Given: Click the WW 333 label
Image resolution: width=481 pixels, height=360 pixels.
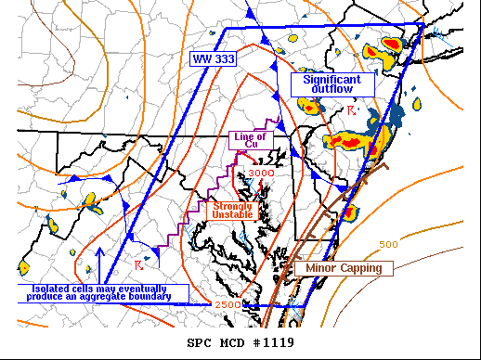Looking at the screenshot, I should (212, 59).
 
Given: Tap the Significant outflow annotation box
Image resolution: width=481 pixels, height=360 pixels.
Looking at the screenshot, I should (332, 84).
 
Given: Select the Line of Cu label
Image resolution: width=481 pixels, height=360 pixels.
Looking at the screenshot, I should (249, 141).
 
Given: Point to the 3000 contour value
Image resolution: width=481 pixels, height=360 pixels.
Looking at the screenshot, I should (262, 173).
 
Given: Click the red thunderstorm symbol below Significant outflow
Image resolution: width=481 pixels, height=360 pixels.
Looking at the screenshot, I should (351, 111).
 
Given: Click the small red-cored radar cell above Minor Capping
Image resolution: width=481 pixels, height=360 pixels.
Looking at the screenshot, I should (351, 212).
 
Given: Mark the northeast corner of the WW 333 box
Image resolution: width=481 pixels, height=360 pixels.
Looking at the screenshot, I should (423, 25).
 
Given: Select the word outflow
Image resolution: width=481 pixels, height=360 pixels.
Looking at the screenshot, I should (332, 90).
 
